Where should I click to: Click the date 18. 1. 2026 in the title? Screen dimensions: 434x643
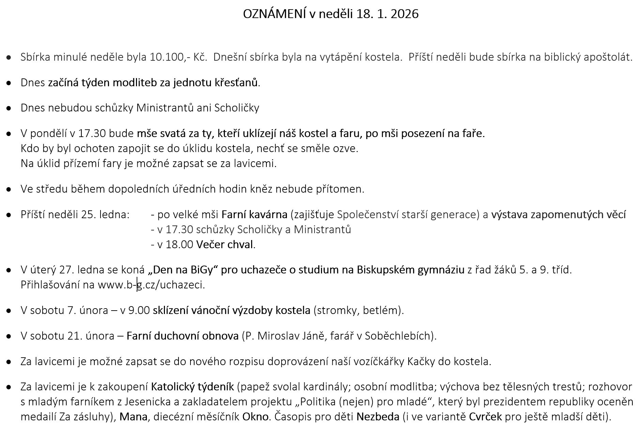(388, 14)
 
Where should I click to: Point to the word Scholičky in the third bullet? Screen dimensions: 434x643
(236, 108)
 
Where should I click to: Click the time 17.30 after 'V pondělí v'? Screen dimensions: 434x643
(92, 133)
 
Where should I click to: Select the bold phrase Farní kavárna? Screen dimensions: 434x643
(254, 214)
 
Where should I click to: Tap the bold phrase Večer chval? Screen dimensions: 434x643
(225, 244)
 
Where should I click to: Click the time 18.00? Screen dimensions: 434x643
(180, 244)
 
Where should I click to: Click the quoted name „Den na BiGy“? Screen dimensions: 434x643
(183, 270)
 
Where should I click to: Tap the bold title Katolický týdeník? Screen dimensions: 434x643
(192, 387)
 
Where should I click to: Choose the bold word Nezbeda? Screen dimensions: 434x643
(378, 417)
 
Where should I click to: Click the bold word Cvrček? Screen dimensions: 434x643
(485, 417)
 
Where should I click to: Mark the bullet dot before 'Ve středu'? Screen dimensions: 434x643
(9, 189)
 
